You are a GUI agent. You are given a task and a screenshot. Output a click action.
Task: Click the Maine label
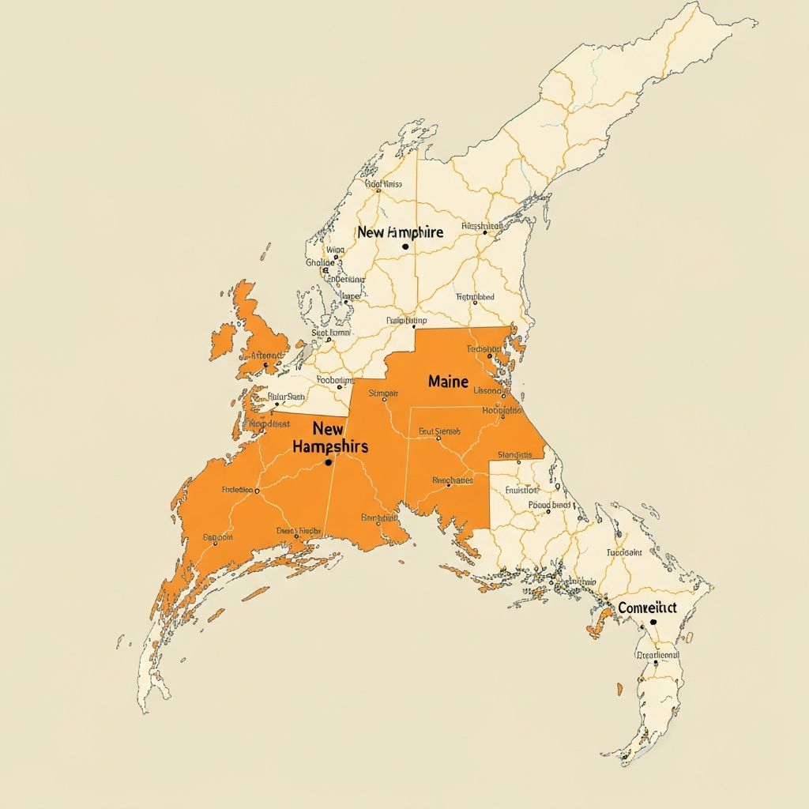(448, 381)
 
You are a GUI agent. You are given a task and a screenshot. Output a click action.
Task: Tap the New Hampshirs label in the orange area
(329, 438)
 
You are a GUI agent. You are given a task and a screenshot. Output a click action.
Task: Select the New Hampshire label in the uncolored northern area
(400, 232)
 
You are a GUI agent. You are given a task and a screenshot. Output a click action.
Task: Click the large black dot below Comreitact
(653, 623)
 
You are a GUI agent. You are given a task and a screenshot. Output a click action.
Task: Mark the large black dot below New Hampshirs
(328, 462)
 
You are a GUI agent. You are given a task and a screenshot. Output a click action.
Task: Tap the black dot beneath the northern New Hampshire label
(405, 246)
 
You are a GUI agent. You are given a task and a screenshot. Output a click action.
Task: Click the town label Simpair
(383, 393)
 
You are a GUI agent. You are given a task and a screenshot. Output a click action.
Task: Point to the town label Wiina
(335, 250)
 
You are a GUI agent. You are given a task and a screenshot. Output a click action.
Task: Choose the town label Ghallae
(320, 263)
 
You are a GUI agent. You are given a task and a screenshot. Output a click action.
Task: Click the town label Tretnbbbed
(475, 297)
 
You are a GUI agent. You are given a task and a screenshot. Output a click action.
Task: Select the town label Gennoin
(218, 537)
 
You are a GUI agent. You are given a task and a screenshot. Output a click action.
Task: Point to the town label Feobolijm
(335, 380)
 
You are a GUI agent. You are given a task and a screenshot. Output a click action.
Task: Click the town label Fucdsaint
(627, 553)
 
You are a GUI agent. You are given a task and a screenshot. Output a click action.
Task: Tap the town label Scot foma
(330, 333)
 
